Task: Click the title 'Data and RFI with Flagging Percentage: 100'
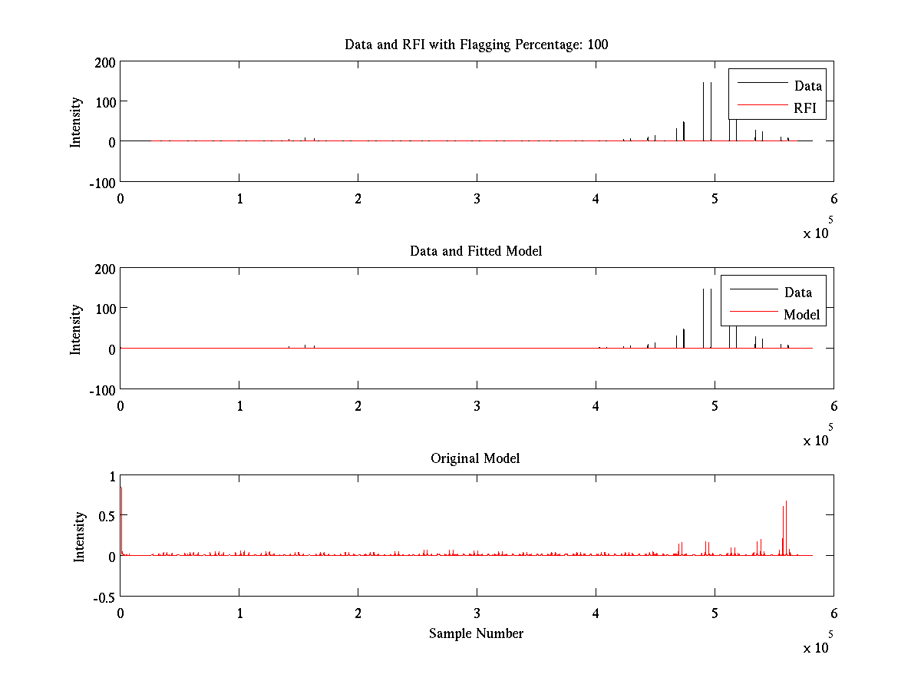(476, 45)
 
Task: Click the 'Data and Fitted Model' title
(476, 251)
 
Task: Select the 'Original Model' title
(475, 458)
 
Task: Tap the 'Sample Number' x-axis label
(476, 633)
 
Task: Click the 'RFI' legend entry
(810, 108)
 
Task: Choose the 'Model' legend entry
(801, 315)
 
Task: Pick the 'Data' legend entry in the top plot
(808, 86)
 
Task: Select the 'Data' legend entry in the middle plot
(798, 293)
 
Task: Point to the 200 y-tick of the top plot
(105, 62)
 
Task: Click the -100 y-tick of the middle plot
(101, 389)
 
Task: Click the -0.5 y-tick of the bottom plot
(103, 597)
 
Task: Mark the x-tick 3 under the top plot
(477, 199)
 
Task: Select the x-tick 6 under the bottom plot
(834, 613)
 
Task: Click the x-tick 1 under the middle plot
(239, 405)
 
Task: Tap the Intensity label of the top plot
(75, 122)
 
